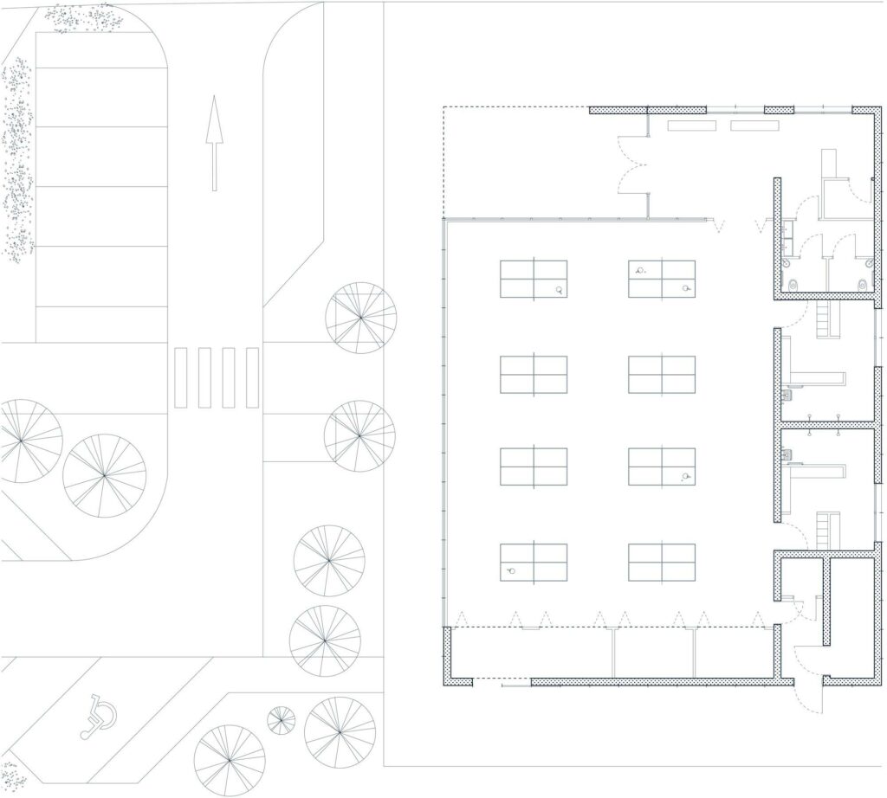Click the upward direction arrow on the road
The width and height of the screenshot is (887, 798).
tap(214, 143)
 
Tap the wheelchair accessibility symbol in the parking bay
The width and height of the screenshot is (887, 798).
tap(100, 717)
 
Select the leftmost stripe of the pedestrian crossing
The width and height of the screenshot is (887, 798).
tap(180, 377)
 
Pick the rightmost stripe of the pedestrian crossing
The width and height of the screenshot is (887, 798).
tap(252, 377)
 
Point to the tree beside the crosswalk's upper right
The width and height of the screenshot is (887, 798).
tap(360, 318)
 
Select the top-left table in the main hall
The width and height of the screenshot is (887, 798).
tap(534, 279)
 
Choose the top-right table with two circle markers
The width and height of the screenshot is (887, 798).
tap(662, 279)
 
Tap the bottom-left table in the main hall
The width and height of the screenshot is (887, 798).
tap(534, 562)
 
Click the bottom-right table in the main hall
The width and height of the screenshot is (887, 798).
tap(662, 562)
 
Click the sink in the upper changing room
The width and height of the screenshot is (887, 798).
tap(788, 395)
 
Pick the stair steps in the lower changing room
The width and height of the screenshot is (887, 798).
tap(829, 530)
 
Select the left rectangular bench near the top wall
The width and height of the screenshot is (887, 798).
tap(691, 125)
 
